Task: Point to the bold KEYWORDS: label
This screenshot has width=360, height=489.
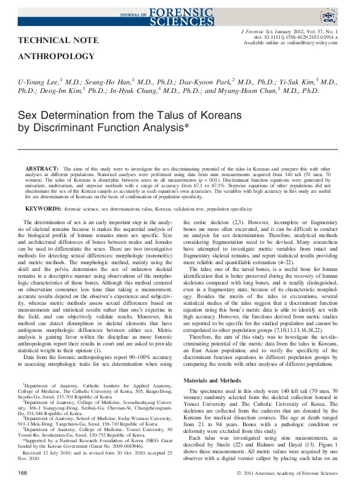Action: (x=43, y=209)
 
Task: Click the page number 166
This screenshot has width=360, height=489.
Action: (x=23, y=472)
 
